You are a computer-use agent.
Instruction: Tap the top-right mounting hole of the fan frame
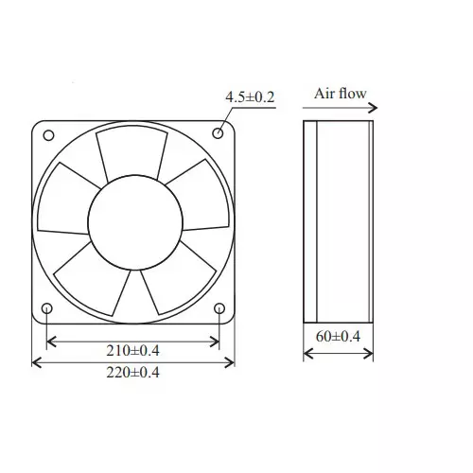219,133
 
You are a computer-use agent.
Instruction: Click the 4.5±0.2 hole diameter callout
250,97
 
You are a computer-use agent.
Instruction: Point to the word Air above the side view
325,95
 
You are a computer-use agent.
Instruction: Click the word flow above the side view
352,95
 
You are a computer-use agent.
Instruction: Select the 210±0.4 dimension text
132,351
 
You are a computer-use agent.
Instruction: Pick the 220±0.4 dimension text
132,372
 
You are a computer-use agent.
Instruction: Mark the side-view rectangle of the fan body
338,219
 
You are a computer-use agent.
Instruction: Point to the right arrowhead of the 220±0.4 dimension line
231,361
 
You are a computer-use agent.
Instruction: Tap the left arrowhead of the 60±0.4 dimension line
307,355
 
